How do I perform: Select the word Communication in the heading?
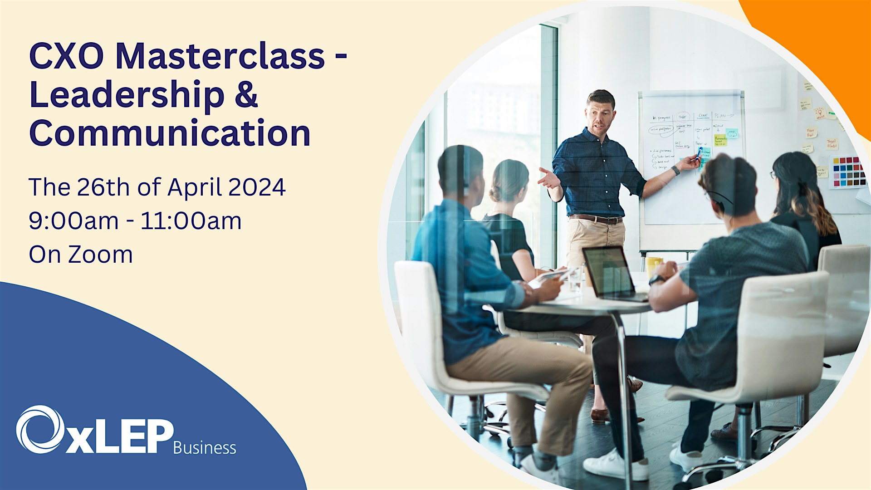[170, 133]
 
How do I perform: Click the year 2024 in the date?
[257, 187]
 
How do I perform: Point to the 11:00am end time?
[191, 221]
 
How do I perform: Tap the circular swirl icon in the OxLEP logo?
[40, 429]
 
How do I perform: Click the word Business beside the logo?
[205, 448]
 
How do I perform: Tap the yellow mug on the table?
[654, 265]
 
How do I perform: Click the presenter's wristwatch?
[676, 170]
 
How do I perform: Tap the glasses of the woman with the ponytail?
[773, 174]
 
